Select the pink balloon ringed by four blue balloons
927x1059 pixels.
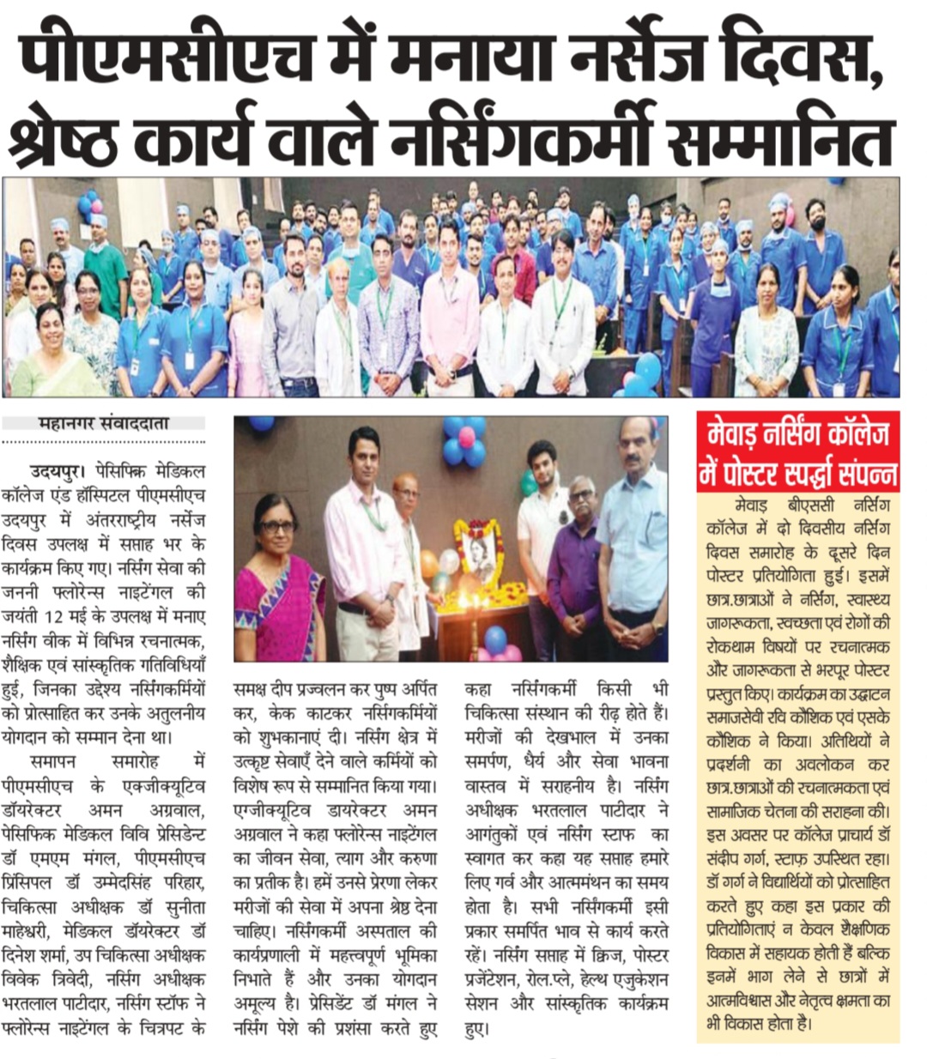466,437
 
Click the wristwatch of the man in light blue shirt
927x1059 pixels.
658,629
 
